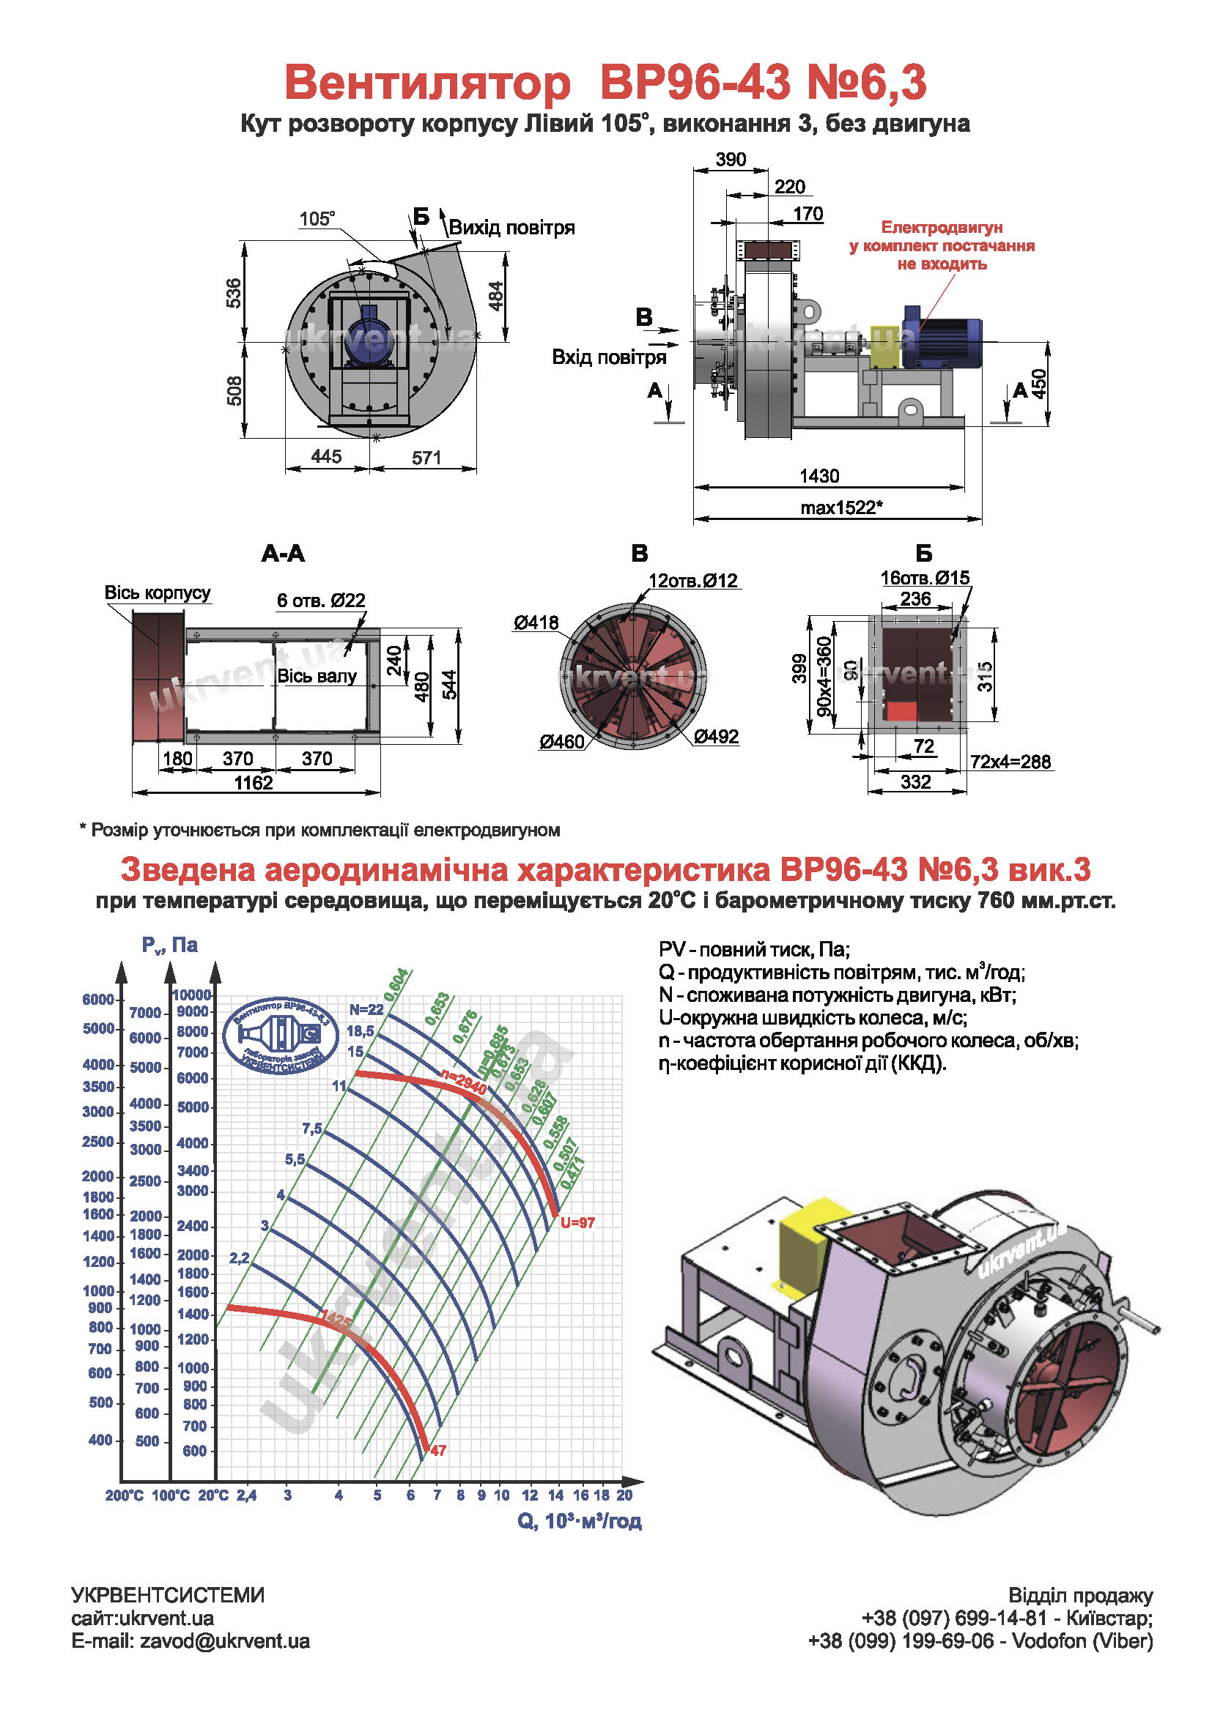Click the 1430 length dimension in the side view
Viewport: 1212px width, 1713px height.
tap(819, 476)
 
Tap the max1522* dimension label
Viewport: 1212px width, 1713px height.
tap(841, 508)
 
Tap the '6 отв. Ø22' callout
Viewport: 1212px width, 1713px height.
tap(321, 600)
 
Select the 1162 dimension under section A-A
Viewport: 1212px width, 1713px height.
tap(254, 783)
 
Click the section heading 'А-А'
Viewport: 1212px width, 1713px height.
tap(283, 554)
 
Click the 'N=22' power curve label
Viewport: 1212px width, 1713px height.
tap(366, 1010)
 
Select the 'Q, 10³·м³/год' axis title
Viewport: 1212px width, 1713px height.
tap(579, 1521)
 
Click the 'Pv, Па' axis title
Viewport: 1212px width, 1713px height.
tap(169, 945)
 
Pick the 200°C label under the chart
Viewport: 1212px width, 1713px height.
tap(124, 1495)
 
